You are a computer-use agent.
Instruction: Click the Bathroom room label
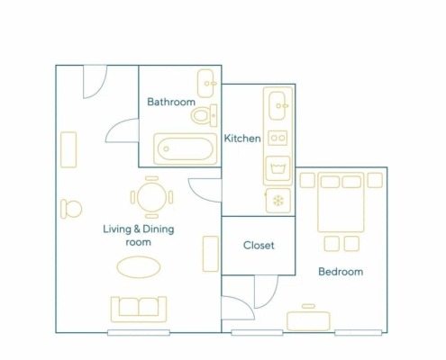pos(171,102)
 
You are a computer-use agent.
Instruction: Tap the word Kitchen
pos(242,139)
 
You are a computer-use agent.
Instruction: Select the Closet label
pos(259,245)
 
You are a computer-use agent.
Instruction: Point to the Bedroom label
pos(341,272)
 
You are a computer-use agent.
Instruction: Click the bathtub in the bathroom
pos(186,148)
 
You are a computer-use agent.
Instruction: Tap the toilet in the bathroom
pos(205,115)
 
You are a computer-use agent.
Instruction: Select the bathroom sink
pos(206,84)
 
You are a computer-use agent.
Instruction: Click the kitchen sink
pos(277,105)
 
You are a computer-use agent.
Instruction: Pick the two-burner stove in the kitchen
pos(278,138)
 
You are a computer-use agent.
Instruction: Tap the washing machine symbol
pos(278,168)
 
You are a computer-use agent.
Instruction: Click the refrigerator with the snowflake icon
pos(278,201)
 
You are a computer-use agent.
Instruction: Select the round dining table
pos(151,197)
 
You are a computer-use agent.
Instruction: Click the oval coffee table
pos(139,267)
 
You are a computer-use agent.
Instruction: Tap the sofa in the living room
pos(139,310)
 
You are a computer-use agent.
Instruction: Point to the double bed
pos(341,202)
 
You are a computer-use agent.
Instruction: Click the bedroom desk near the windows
pos(308,321)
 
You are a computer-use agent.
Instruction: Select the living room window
pos(139,332)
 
